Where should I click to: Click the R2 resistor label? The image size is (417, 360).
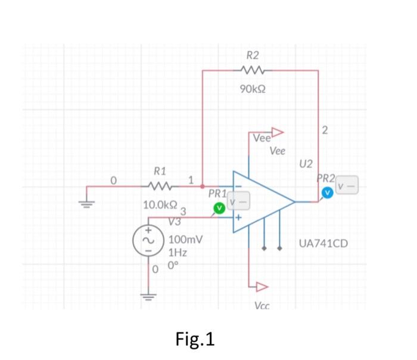253,55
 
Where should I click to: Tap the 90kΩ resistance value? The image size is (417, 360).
253,89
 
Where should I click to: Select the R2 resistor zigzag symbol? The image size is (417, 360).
253,71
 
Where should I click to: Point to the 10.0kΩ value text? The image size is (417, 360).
159,204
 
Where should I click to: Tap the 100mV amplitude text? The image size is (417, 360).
186,240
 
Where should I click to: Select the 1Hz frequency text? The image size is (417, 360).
178,253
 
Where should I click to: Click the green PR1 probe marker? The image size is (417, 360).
219,207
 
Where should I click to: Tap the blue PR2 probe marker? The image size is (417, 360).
326,193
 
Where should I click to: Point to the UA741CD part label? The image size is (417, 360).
325,244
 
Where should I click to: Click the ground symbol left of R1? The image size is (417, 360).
87,202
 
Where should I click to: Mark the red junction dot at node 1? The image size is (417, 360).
203,186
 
